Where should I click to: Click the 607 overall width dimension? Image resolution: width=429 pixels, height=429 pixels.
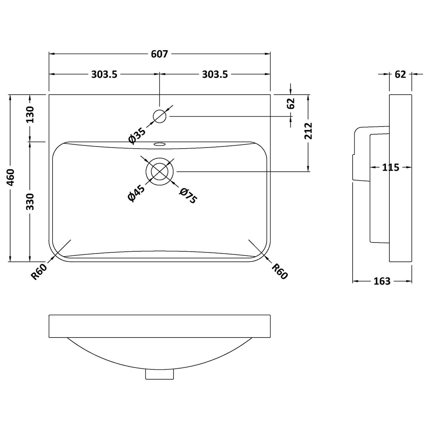(159, 54)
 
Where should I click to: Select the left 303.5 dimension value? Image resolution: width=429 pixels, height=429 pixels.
(104, 74)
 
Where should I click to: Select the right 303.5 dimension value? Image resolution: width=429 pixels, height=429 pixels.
(214, 74)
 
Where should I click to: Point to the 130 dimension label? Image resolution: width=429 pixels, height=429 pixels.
(30, 114)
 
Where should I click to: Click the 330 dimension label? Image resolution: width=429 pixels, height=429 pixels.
(30, 201)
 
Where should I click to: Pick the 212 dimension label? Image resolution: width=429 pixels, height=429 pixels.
(309, 131)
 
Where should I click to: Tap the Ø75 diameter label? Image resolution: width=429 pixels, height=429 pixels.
(188, 196)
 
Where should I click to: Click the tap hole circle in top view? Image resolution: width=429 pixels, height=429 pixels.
(159, 116)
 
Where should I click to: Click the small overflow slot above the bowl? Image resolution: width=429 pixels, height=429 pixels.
(160, 144)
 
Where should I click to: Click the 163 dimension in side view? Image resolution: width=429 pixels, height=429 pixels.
(382, 281)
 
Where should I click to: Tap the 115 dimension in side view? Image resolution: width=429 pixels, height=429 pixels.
(390, 168)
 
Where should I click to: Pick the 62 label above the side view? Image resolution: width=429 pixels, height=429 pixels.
(400, 74)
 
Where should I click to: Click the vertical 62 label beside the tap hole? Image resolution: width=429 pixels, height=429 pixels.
(291, 104)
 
